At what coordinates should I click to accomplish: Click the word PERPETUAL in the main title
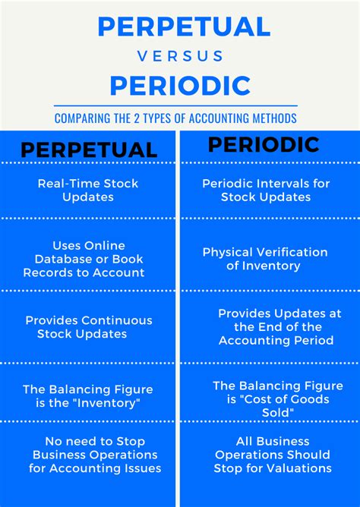click(x=184, y=27)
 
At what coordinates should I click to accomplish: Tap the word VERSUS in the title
click(x=180, y=56)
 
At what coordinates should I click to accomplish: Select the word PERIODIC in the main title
click(x=180, y=85)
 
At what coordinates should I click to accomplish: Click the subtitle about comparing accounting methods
click(x=175, y=118)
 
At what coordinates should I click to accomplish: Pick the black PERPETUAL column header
click(x=89, y=150)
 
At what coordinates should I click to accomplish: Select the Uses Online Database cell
click(x=84, y=259)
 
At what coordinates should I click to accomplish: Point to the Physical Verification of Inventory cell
click(x=264, y=259)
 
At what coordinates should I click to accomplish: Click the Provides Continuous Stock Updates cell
click(x=89, y=327)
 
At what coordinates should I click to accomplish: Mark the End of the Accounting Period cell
click(x=275, y=326)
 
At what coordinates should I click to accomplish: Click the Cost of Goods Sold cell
click(x=270, y=398)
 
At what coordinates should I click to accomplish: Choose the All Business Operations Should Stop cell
click(x=271, y=455)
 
